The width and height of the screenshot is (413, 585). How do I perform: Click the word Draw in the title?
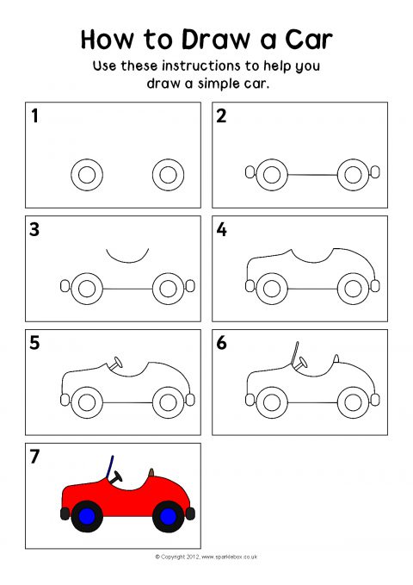(215, 39)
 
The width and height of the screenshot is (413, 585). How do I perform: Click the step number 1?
(34, 115)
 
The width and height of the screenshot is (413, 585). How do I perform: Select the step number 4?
(221, 229)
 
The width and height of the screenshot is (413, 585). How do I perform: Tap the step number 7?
(34, 457)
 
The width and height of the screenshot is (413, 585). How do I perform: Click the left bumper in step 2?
(250, 172)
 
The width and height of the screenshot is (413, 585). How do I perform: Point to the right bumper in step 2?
(375, 172)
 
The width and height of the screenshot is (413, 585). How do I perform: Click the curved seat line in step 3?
(127, 262)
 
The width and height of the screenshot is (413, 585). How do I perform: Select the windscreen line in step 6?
(294, 353)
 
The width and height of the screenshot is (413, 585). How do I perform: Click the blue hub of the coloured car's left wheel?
(87, 516)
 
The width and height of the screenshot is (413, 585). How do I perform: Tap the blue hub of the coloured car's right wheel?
(168, 516)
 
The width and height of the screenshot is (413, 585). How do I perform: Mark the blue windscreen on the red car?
(109, 467)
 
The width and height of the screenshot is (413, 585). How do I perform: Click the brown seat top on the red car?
(151, 473)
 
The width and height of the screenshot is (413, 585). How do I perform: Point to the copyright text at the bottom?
(206, 557)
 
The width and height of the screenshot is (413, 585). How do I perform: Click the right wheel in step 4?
(353, 289)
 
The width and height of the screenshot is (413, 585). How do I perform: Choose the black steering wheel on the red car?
(117, 477)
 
